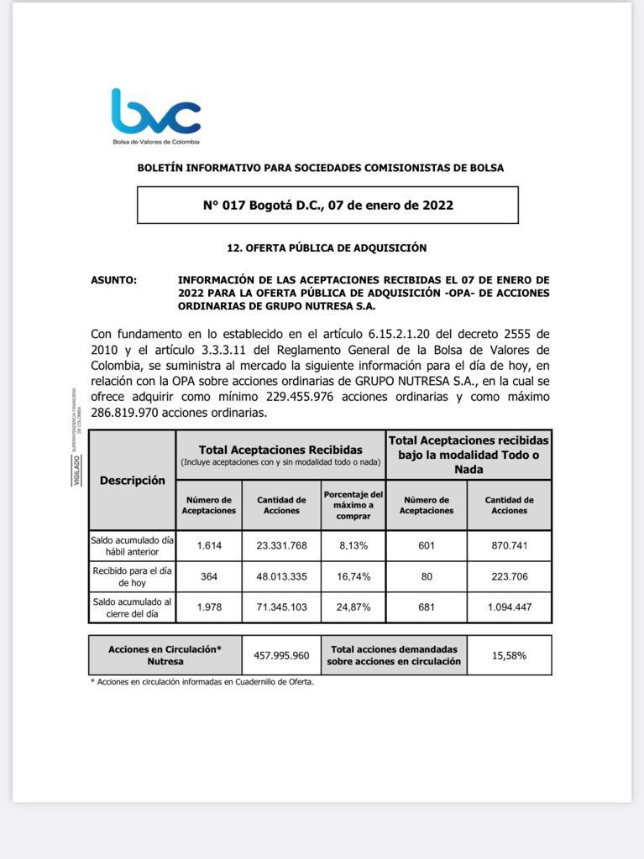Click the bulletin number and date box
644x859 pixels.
pyautogui.click(x=327, y=205)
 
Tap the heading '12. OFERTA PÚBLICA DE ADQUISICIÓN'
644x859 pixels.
pyautogui.click(x=327, y=248)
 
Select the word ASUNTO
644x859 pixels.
pyautogui.click(x=113, y=280)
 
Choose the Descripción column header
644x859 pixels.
pyautogui.click(x=132, y=481)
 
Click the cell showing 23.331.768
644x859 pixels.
pyautogui.click(x=281, y=546)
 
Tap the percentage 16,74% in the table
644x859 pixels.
pyautogui.click(x=353, y=577)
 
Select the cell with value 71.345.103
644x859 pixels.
pyautogui.click(x=281, y=607)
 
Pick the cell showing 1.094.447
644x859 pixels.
pyautogui.click(x=509, y=607)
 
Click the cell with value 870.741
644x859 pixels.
pyautogui.click(x=509, y=546)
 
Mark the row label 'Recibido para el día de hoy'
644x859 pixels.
pyautogui.click(x=132, y=577)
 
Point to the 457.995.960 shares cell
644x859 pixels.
pyautogui.click(x=281, y=655)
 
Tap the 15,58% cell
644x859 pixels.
pyautogui.click(x=509, y=655)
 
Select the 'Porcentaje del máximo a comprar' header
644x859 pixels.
pyautogui.click(x=353, y=505)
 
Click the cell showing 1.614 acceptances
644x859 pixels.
pyautogui.click(x=208, y=546)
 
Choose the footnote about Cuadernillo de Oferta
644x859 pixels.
pyautogui.click(x=202, y=682)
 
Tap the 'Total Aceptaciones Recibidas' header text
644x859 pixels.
pyautogui.click(x=280, y=450)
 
